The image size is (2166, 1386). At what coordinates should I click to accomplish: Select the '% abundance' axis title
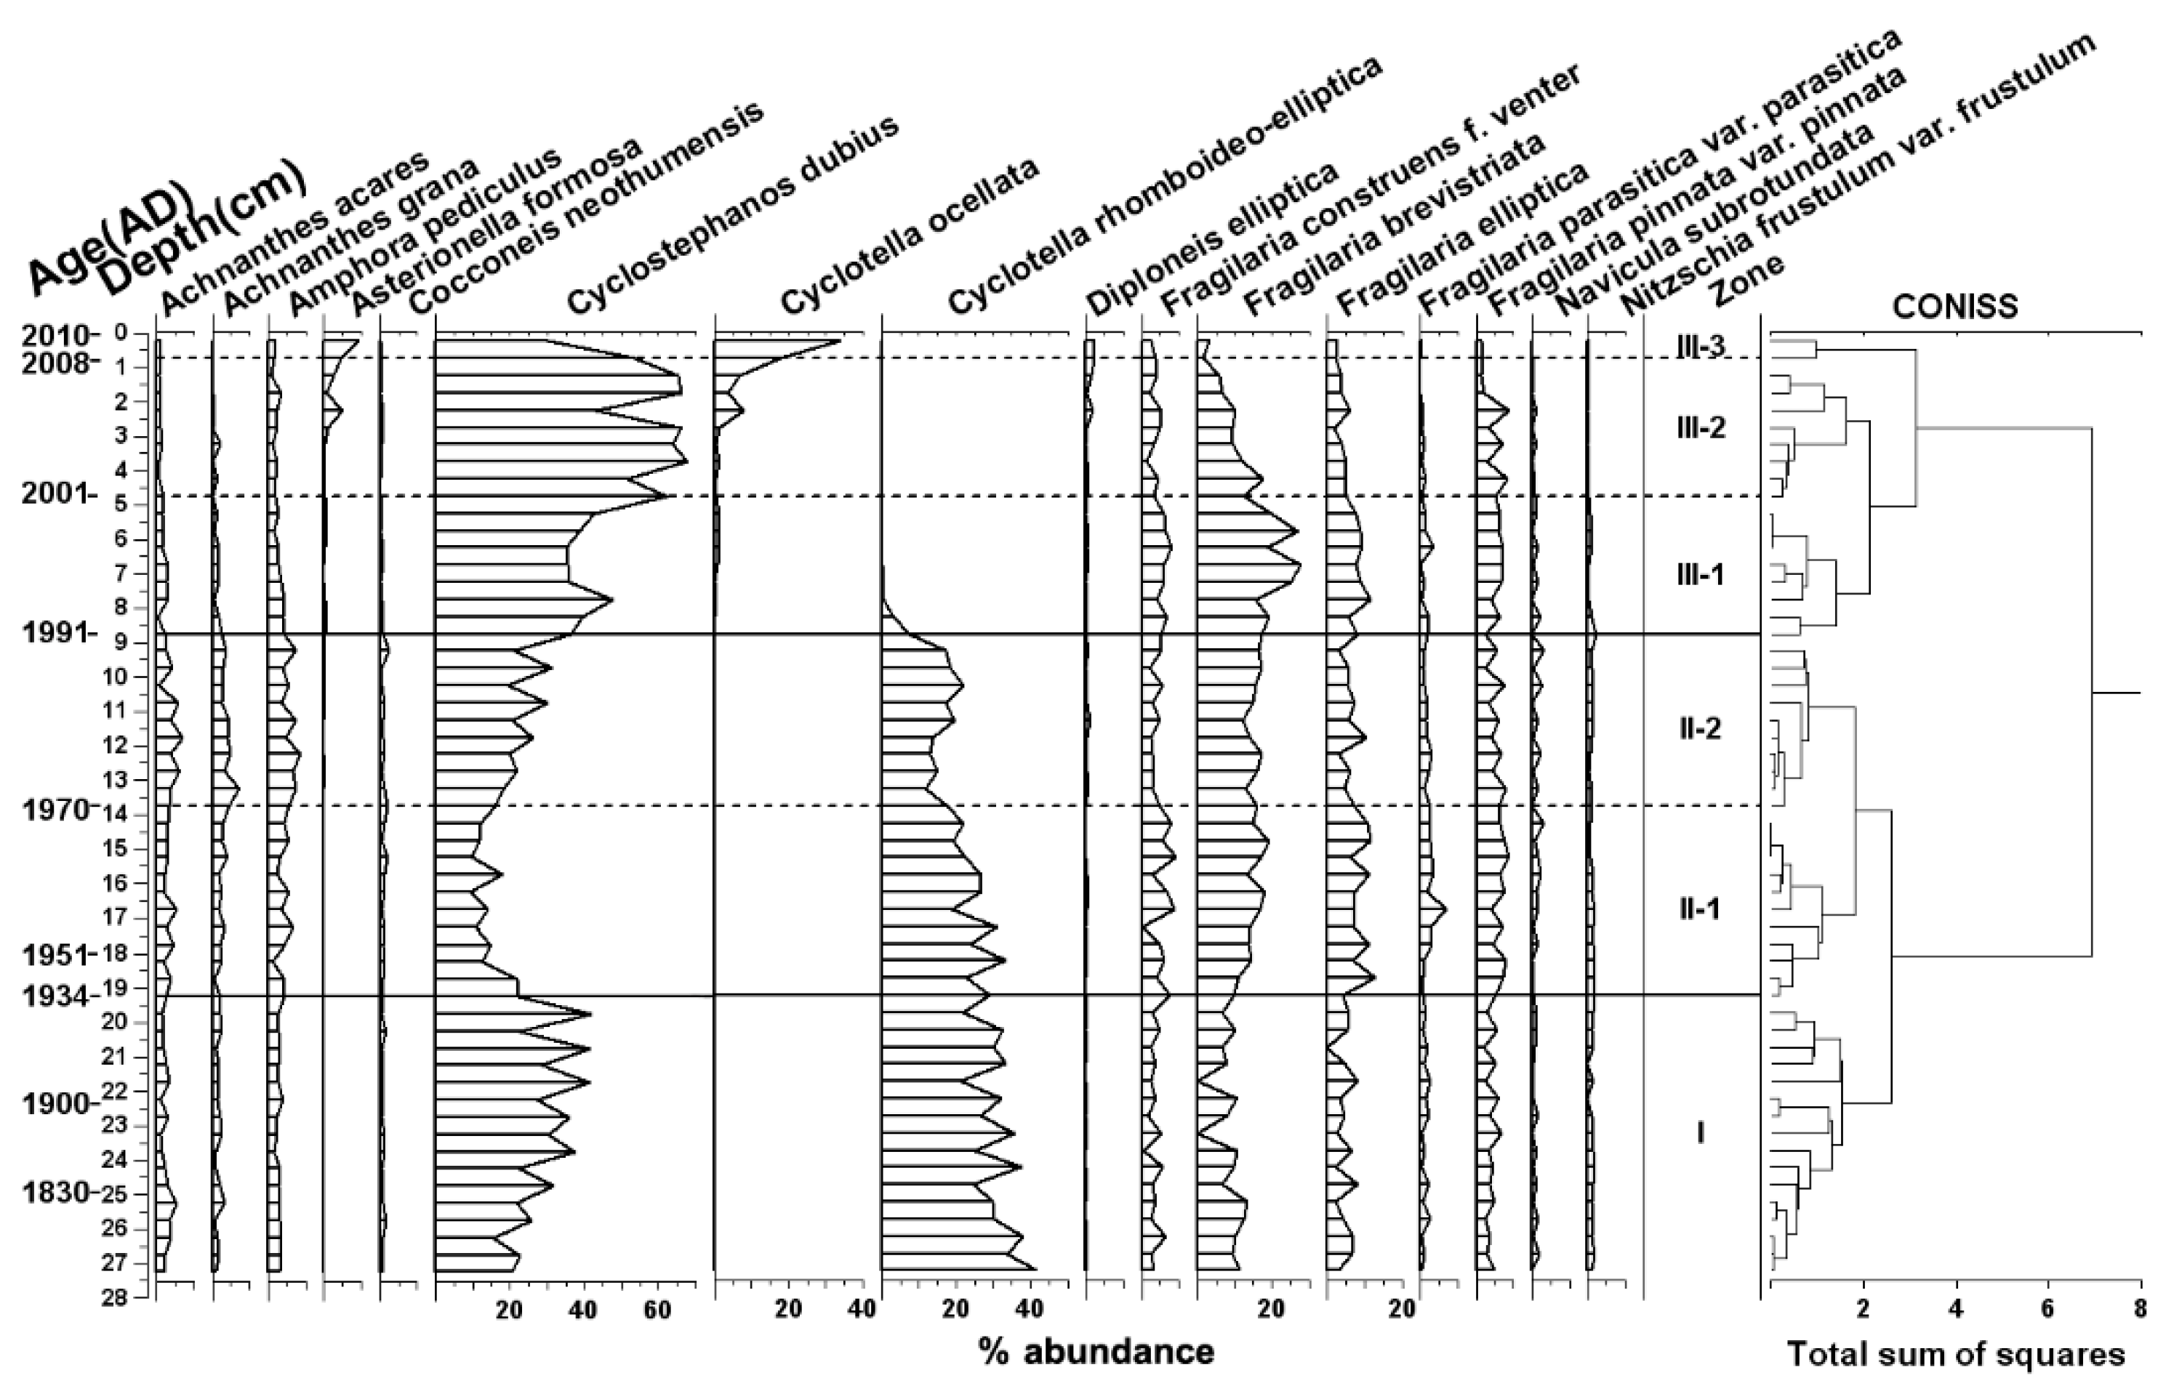[x=1096, y=1352]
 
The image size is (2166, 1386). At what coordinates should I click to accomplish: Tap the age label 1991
[x=56, y=634]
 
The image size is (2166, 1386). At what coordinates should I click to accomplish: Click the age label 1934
[x=56, y=997]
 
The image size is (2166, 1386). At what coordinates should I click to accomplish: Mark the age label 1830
[x=56, y=1194]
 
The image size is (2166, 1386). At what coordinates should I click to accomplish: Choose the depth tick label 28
[x=114, y=1300]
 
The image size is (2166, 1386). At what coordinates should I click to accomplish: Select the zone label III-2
[x=1701, y=427]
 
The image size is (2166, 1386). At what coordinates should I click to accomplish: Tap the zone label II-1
[x=1700, y=910]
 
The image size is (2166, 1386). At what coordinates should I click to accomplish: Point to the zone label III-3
[x=1701, y=346]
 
